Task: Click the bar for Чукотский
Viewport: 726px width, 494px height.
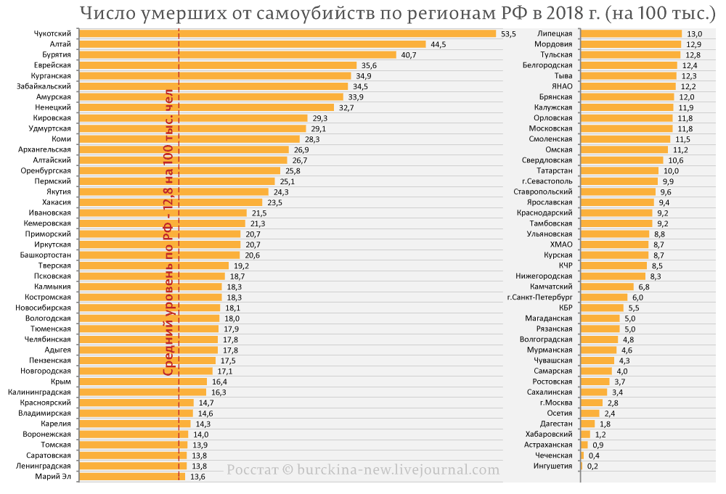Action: coord(287,34)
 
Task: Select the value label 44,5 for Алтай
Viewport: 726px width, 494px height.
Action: coord(438,44)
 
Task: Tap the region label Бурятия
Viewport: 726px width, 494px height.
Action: coord(57,54)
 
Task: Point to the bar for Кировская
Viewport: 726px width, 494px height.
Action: coord(193,118)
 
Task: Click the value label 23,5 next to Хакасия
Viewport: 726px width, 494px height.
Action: coord(274,202)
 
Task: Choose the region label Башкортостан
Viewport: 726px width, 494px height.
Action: coord(45,255)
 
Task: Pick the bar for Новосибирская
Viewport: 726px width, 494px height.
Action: coord(150,308)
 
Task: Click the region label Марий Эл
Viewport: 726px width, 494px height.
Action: coord(53,477)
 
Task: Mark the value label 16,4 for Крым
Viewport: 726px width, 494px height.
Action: coord(219,382)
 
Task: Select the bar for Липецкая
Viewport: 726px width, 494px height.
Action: coord(631,34)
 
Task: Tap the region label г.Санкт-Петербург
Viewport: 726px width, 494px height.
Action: coord(539,297)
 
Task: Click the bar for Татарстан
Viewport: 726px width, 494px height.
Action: coord(619,170)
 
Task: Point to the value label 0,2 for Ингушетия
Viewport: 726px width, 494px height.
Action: coord(592,466)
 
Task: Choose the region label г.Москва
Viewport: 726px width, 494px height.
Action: coord(556,403)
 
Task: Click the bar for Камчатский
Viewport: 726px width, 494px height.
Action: coord(607,287)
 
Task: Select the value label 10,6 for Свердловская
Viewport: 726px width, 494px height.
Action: coord(675,160)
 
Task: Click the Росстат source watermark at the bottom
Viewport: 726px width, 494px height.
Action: coord(253,470)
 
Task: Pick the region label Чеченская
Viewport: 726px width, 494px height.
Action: coord(554,456)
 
